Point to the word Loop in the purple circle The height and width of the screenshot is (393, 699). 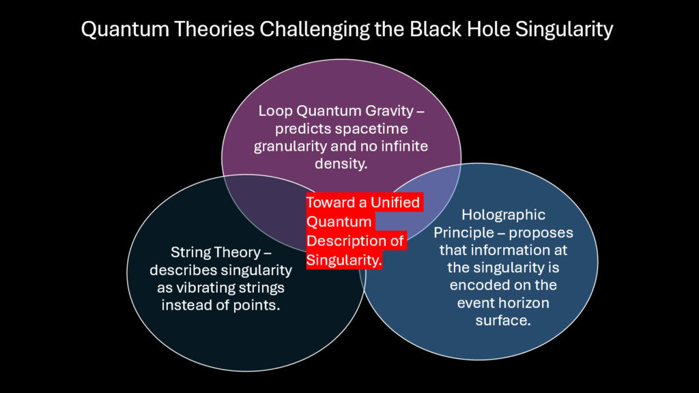274,111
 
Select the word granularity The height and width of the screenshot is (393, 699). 287,146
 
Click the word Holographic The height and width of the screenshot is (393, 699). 503,215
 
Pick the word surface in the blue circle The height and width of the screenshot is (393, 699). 502,321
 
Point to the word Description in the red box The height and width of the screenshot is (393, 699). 344,242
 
